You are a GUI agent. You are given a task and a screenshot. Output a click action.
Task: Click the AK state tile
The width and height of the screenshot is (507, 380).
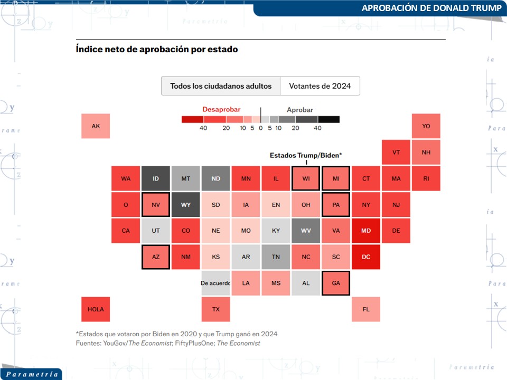(x=96, y=126)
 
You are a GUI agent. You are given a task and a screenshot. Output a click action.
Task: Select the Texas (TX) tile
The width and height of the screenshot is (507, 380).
(x=216, y=309)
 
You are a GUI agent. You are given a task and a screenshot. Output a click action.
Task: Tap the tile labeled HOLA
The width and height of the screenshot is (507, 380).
(x=96, y=309)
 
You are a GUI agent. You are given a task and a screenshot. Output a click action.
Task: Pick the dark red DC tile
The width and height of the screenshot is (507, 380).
(x=366, y=257)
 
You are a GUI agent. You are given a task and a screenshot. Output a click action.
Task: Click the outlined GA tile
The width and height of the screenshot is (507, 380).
(x=336, y=283)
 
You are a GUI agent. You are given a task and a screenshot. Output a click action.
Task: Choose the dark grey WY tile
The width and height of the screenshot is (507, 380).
(x=186, y=205)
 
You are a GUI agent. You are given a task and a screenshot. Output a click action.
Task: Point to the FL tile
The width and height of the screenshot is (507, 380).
(x=366, y=309)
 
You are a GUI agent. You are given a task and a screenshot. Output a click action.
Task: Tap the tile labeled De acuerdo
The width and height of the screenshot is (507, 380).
(x=216, y=283)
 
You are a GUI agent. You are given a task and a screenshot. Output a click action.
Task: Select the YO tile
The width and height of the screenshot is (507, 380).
(x=426, y=126)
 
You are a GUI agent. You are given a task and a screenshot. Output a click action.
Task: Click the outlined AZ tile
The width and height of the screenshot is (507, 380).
(x=156, y=257)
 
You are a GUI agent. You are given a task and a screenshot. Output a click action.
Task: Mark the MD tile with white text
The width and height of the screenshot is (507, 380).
(x=366, y=231)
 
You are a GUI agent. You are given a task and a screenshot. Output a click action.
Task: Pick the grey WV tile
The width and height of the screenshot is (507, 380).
(x=306, y=231)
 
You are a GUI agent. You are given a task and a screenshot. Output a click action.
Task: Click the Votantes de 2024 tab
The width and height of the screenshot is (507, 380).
(x=320, y=85)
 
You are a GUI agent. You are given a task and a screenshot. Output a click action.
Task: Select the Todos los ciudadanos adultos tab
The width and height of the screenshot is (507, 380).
(x=221, y=85)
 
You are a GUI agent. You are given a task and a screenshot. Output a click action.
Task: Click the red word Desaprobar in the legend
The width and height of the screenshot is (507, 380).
(x=221, y=109)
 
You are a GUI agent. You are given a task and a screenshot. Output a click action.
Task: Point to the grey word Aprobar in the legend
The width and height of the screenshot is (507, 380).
(x=300, y=110)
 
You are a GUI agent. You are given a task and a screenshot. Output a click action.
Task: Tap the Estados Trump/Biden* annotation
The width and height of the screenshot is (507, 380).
(x=306, y=155)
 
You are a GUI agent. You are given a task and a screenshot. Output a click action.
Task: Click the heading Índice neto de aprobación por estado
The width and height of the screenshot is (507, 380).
(x=157, y=49)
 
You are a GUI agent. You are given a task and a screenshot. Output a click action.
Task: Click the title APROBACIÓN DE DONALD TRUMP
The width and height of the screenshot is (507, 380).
(x=431, y=8)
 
